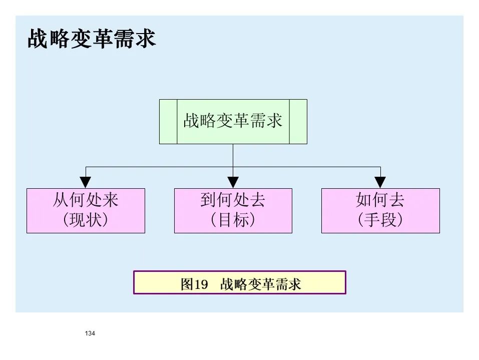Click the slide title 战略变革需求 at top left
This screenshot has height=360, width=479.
[92, 40]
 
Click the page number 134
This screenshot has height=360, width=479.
[90, 333]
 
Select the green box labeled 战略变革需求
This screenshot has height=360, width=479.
[233, 122]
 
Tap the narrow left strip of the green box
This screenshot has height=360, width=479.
[168, 122]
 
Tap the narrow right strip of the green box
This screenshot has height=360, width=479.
[298, 122]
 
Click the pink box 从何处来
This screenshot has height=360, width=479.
[86, 210]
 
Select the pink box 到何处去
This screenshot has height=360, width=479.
[233, 210]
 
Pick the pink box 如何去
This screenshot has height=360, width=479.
[380, 210]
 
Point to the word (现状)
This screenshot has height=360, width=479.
[86, 220]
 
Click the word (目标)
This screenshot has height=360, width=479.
[233, 220]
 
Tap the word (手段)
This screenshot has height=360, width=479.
[380, 220]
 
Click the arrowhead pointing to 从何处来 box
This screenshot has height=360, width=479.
[86, 183]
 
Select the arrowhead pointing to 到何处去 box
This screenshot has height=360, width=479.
[233, 183]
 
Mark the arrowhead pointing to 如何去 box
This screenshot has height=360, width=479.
[380, 183]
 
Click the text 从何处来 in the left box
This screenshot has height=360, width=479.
[86, 201]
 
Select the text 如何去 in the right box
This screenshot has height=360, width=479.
[380, 201]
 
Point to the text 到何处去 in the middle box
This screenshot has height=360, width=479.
[233, 201]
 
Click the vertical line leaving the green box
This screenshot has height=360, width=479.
[233, 155]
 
